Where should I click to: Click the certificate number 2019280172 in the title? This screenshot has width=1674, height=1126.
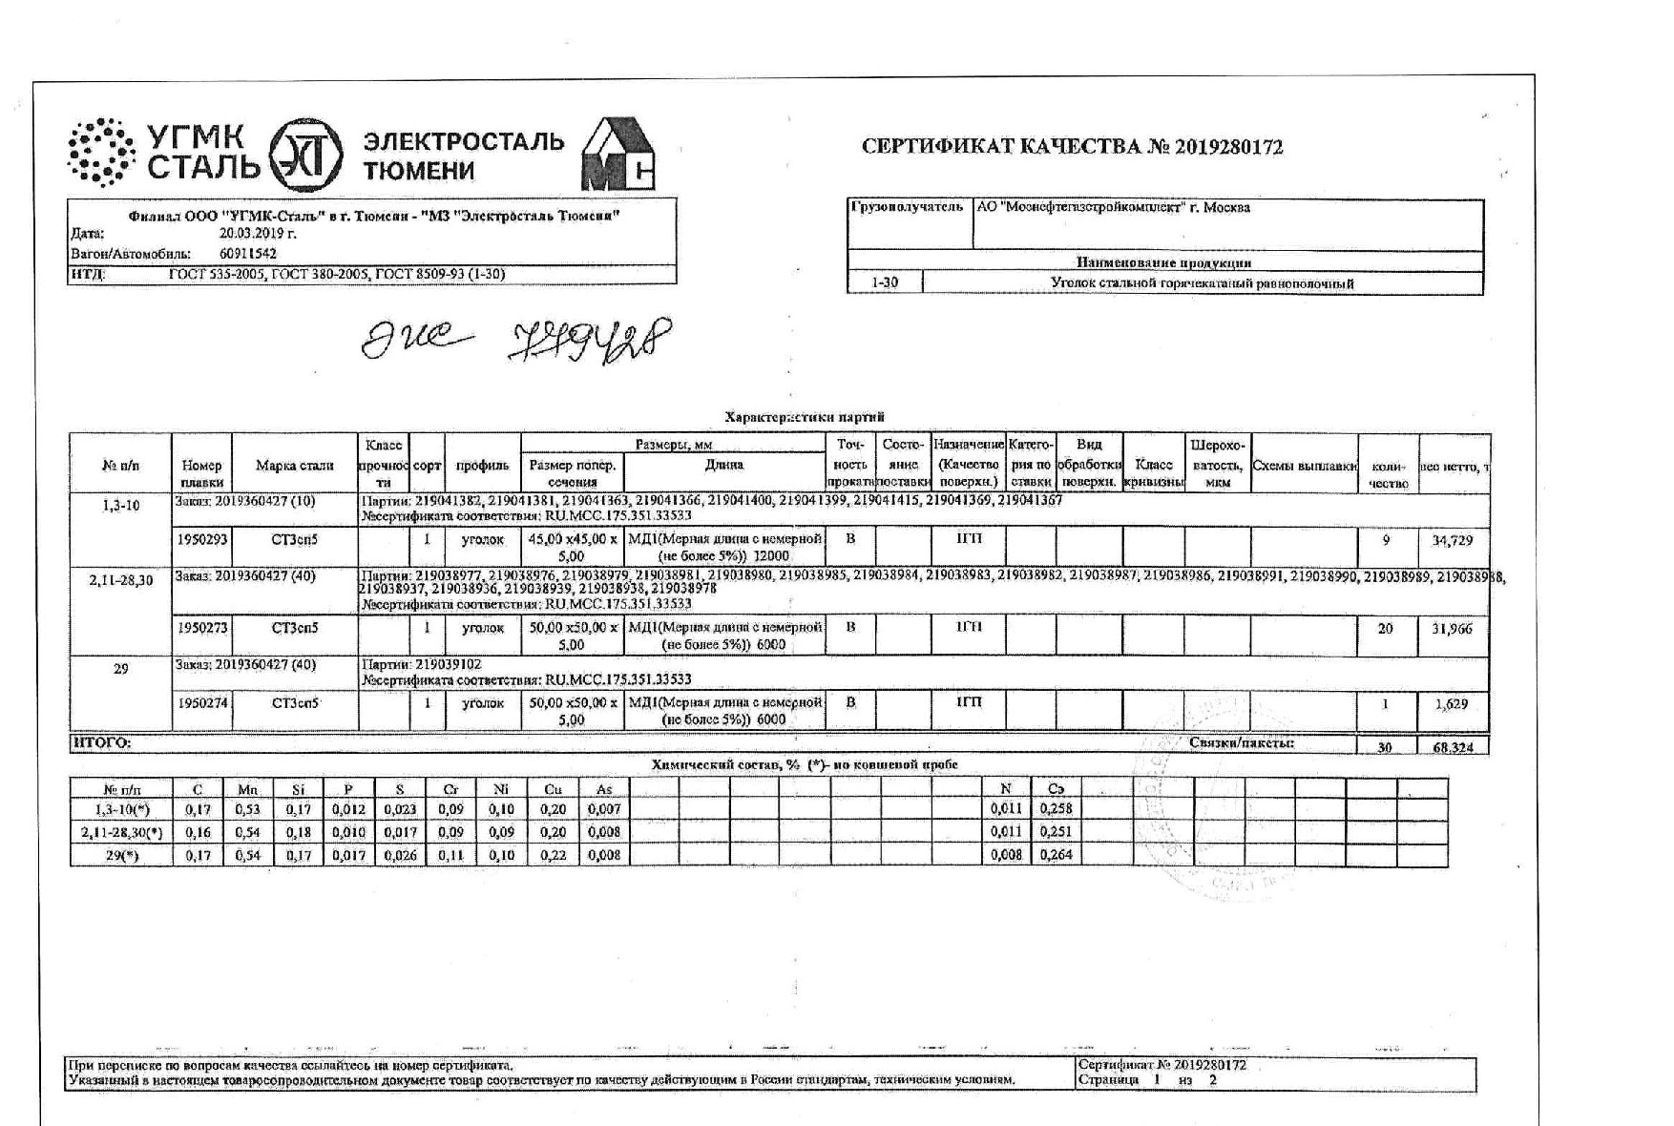[x=1229, y=148]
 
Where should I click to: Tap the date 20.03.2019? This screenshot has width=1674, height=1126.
[x=258, y=233]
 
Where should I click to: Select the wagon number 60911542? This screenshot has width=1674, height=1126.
[x=248, y=254]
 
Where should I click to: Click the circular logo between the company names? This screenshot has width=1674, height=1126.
[x=304, y=156]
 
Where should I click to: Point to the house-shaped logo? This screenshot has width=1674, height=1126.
[x=618, y=155]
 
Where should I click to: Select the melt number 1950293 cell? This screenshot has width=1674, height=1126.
[x=202, y=540]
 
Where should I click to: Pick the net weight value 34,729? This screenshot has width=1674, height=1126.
[x=1453, y=541]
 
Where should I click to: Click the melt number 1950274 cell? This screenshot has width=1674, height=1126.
[x=202, y=704]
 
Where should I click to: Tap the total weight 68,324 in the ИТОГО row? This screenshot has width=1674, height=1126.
[x=1453, y=747]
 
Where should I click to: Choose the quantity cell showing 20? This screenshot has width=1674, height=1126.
[x=1386, y=629]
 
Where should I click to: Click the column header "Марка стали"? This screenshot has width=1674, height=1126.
[x=295, y=466]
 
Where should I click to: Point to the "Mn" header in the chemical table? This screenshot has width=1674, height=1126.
[x=248, y=789]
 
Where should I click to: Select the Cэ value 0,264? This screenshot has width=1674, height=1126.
[x=1056, y=855]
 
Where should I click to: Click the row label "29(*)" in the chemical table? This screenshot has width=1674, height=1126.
[x=121, y=856]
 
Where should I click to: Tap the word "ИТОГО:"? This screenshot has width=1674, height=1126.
[x=102, y=743]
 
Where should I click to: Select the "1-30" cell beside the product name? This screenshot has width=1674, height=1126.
[x=885, y=283]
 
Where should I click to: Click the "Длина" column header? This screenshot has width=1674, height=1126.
[x=724, y=466]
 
